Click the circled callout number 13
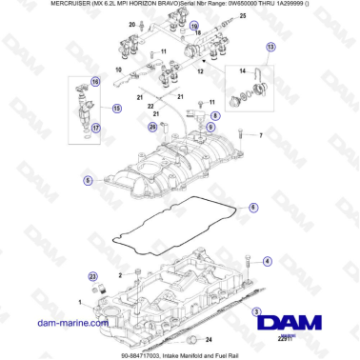tap(270, 47)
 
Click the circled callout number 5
tap(88, 179)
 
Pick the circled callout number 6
tap(253, 207)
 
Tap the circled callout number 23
tap(93, 275)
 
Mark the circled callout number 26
tap(152, 125)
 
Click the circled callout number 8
tap(215, 115)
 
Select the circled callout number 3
tap(256, 310)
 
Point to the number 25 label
tap(242, 17)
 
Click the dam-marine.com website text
tap(63, 324)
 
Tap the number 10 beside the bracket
tap(118, 71)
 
